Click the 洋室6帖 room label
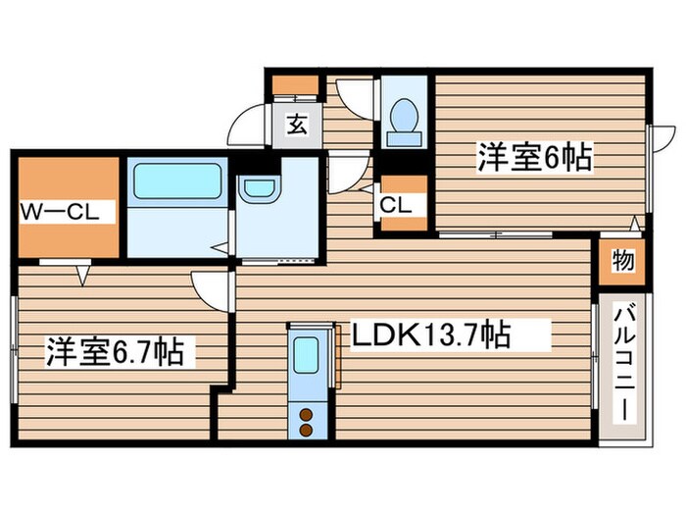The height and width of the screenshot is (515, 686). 535,157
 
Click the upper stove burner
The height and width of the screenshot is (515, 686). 307,413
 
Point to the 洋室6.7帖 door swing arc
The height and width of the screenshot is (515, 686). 211,287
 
